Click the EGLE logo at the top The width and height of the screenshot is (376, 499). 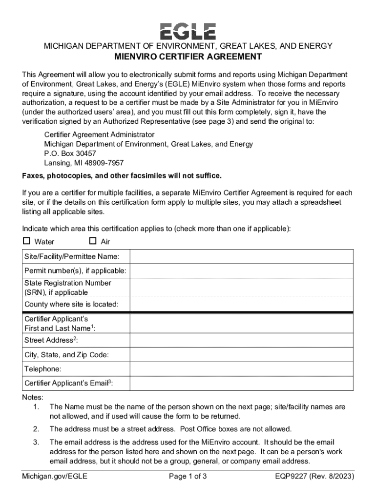coord(188,31)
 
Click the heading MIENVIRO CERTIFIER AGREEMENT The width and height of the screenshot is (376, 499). coord(188,57)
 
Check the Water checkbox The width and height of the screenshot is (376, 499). coord(26,241)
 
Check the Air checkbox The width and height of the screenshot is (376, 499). coord(93,241)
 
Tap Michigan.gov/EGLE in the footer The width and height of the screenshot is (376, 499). coord(55,476)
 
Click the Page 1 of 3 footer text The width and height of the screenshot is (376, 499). coord(188,476)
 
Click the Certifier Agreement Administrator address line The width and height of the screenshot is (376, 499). coord(99,134)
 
